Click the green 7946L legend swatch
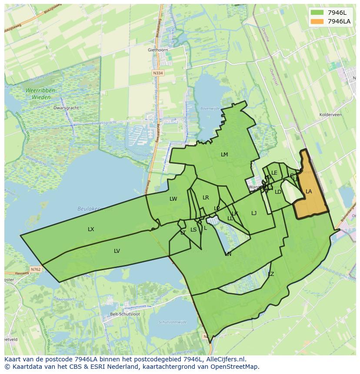pyautogui.click(x=317, y=13)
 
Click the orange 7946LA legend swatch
pyautogui.click(x=317, y=21)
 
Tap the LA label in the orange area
pyautogui.click(x=309, y=192)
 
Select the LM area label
pyautogui.click(x=224, y=155)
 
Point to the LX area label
pyautogui.click(x=91, y=229)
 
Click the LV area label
pyautogui.click(x=117, y=251)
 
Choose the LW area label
pyautogui.click(x=173, y=199)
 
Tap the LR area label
pyautogui.click(x=206, y=198)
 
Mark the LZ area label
pyautogui.click(x=271, y=274)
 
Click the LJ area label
pyautogui.click(x=254, y=213)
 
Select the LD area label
pyautogui.click(x=278, y=192)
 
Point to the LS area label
pyautogui.click(x=193, y=230)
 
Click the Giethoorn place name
pyautogui.click(x=157, y=50)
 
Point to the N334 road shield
pyautogui.click(x=158, y=73)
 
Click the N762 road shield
pyautogui.click(x=36, y=270)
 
